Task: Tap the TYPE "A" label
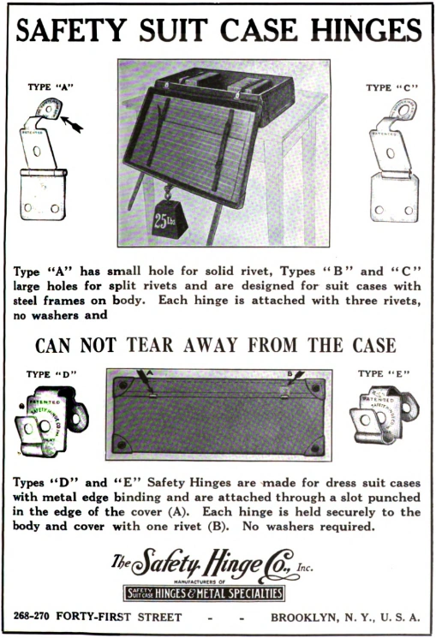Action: pos(49,86)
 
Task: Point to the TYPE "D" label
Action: pos(50,374)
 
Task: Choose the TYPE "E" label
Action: pos(383,373)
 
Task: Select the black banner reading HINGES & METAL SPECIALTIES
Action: pos(204,593)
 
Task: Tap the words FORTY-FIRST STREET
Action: pos(128,617)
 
